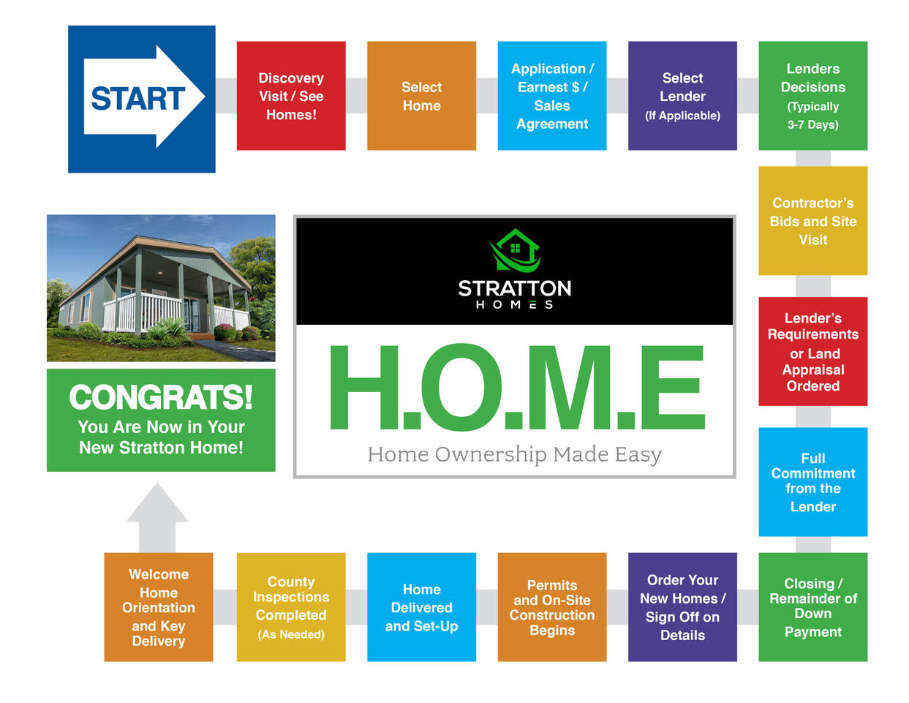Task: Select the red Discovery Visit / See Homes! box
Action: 291,96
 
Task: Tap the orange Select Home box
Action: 422,96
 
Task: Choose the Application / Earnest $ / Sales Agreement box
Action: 552,96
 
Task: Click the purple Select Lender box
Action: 683,96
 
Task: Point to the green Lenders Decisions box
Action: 813,96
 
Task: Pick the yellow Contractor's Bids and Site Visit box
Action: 813,221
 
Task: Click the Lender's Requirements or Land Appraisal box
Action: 813,351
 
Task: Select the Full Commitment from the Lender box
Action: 813,482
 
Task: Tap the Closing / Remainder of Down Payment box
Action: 813,607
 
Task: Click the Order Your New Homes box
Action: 683,607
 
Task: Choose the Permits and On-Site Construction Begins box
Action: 552,607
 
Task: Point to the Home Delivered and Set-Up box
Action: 422,607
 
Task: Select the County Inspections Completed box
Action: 291,607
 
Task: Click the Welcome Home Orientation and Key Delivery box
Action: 159,607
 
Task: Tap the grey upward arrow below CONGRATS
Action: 157,518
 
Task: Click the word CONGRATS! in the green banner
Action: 161,396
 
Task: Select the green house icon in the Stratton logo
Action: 515,250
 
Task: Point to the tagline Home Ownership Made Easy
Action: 515,455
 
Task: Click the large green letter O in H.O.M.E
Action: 461,387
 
